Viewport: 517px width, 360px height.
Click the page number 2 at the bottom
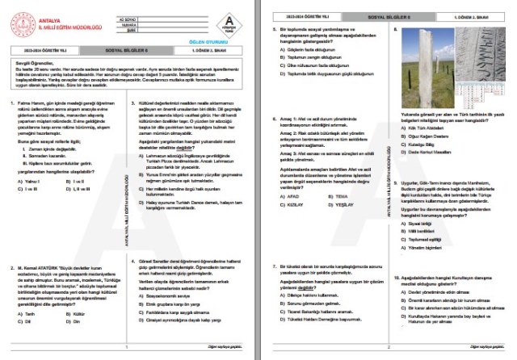tap(389, 349)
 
